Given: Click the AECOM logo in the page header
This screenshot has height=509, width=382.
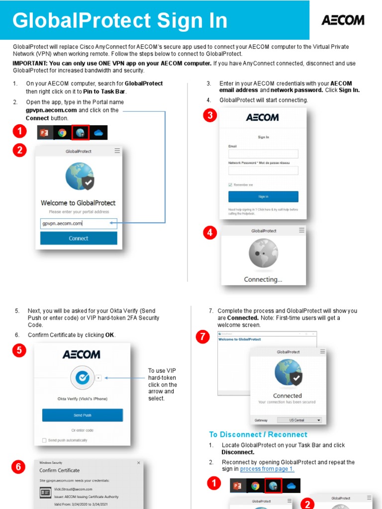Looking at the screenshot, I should pos(343,20).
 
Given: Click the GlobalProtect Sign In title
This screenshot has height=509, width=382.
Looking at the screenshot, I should pos(120,21).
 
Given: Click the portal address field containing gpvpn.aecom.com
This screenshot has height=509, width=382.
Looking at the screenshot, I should pos(78,224).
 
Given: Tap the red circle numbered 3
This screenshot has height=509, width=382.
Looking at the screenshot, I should pos(210,116).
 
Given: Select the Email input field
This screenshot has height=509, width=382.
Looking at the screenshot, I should pos(263,154).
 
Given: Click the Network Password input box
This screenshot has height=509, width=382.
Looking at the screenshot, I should pos(263,170).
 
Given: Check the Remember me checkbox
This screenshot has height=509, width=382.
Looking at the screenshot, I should pos(230,184).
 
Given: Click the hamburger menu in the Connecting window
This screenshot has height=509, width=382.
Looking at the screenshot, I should pos(301,231).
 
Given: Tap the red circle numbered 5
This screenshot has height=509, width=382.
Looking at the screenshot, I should pos(19,350).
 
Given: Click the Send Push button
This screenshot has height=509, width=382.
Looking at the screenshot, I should pos(83,415).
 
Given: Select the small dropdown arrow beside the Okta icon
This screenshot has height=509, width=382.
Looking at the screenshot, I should pos(98,378).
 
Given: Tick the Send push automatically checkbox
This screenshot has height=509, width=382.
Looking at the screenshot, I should pos(44,440).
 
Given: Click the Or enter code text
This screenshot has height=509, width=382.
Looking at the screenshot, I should pos(83,430).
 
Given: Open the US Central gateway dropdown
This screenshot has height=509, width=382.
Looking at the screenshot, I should pos(299,420).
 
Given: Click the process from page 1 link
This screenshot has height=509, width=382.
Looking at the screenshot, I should pos(267,469).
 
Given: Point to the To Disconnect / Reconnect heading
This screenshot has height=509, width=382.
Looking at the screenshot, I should pos(258,434).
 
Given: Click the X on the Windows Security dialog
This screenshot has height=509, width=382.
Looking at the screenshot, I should pos(139,463).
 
